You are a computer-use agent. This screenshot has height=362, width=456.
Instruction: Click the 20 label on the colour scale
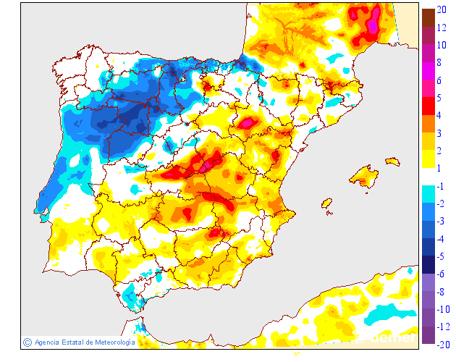tap(441, 9)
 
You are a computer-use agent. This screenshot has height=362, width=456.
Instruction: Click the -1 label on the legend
tap(441, 185)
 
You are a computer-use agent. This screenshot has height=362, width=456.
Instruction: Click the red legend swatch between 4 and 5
tap(428, 106)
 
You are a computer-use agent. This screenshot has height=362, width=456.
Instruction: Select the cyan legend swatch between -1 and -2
tap(428, 194)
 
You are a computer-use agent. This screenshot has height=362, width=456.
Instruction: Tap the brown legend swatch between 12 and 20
tap(428, 18)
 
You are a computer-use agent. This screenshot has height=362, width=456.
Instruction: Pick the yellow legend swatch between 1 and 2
tap(428, 159)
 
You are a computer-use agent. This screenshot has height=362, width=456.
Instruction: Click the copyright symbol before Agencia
tap(28, 342)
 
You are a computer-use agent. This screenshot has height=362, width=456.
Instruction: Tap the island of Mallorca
tap(364, 175)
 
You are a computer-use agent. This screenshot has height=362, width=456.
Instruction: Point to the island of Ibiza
tap(326, 204)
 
